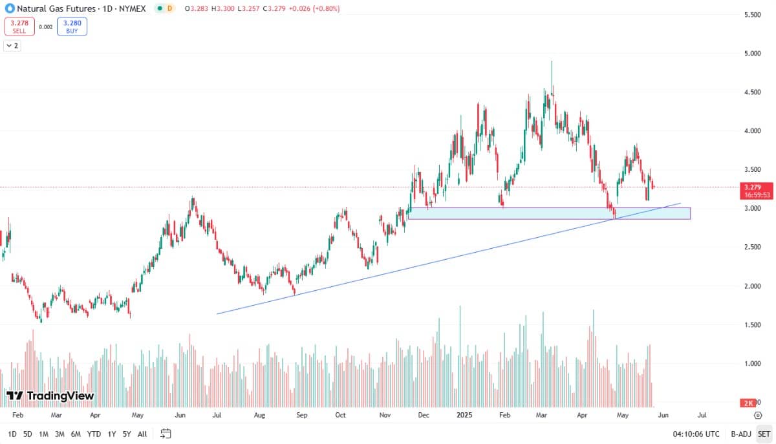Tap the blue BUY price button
(x=72, y=26)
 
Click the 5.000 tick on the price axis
(x=751, y=54)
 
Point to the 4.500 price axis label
(x=751, y=92)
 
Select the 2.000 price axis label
(x=751, y=286)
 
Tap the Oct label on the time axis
(x=341, y=416)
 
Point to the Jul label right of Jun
(x=702, y=416)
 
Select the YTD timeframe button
(x=94, y=434)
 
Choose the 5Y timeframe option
(x=127, y=434)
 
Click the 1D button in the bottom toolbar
(x=12, y=434)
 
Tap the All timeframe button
(x=142, y=434)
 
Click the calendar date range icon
(x=166, y=434)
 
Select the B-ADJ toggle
(x=740, y=434)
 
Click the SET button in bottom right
(x=764, y=434)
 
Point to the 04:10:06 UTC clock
(x=696, y=434)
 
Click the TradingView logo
(x=50, y=396)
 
